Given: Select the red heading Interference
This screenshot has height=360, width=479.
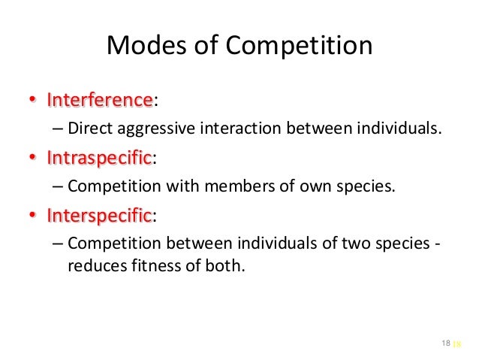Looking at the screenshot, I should point(99,100).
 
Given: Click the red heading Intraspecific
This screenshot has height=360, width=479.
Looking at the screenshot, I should point(99,158).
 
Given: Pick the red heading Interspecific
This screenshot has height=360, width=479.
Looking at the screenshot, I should point(99,216).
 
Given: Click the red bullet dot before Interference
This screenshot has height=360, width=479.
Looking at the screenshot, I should point(32,101).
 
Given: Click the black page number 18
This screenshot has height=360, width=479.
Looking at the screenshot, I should point(446,343).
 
